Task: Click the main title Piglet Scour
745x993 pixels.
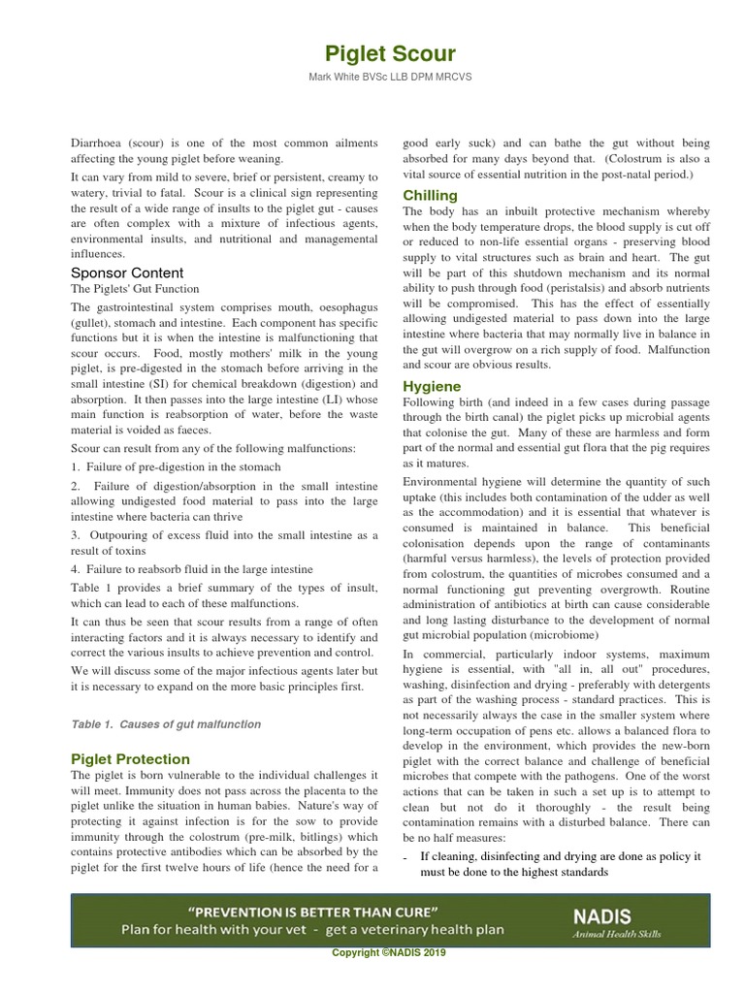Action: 374,53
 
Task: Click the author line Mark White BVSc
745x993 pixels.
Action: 374,77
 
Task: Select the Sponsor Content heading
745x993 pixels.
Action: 127,272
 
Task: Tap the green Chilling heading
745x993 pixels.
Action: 430,195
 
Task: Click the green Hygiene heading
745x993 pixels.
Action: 432,386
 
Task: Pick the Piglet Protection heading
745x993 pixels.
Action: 131,758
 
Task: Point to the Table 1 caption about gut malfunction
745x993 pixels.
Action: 166,723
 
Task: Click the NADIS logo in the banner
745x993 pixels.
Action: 601,915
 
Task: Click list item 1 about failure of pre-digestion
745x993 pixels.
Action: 176,466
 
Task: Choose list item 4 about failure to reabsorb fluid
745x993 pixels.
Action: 191,569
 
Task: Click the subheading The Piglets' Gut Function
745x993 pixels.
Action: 135,289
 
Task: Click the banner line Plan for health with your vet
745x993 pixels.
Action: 312,929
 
